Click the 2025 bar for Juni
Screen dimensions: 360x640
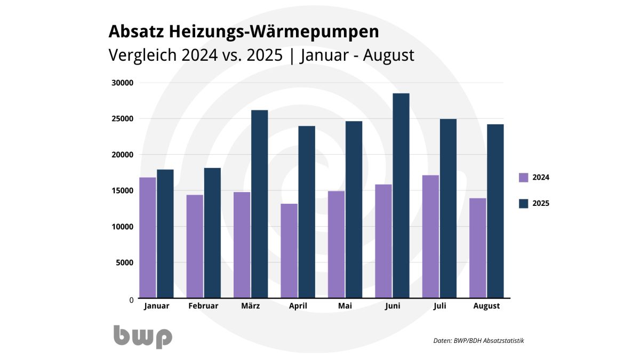click(401, 196)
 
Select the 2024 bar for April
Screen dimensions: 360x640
click(289, 251)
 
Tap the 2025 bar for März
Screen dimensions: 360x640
click(259, 204)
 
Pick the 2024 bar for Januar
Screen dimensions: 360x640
click(148, 237)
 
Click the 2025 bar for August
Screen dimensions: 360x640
click(495, 211)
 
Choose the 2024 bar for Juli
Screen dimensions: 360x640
click(430, 236)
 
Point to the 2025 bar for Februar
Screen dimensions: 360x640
click(212, 233)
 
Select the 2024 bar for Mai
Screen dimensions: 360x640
click(336, 244)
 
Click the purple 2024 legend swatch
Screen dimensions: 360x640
click(524, 178)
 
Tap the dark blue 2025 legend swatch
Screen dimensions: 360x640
click(524, 203)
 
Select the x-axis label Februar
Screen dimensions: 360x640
click(203, 306)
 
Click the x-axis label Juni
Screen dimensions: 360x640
click(392, 306)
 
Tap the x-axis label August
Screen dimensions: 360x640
click(486, 306)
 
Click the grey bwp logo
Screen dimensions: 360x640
click(142, 336)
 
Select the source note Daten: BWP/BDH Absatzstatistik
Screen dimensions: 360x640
click(478, 340)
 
